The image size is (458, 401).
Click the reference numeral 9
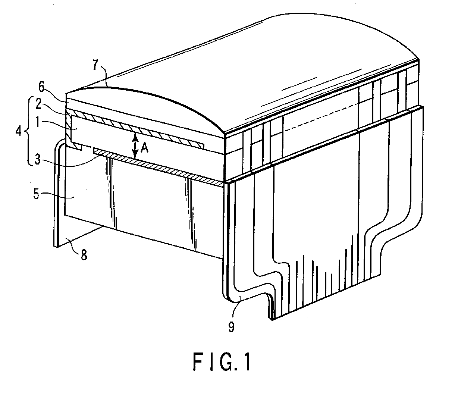pyautogui.click(x=231, y=327)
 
